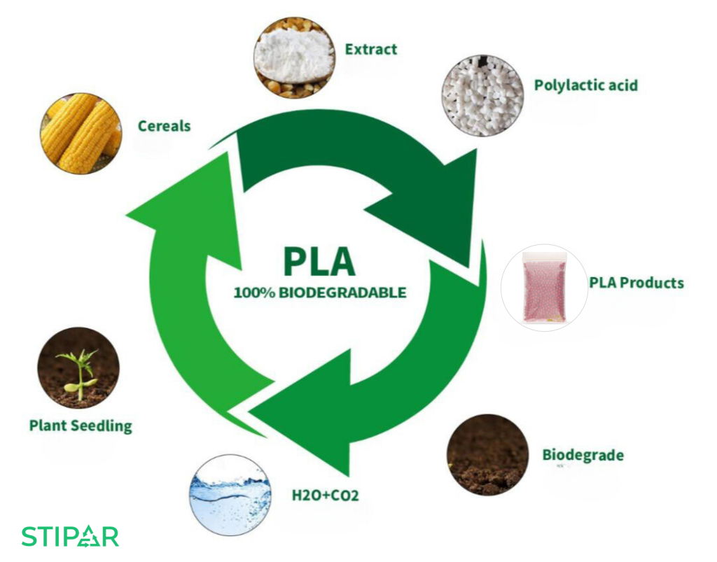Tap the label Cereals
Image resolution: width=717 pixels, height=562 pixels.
pos(164,126)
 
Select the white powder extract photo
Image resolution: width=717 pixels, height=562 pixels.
pos(293,58)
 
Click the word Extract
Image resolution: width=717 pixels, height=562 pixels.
pos(370,49)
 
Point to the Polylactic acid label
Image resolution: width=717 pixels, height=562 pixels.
pos(586,85)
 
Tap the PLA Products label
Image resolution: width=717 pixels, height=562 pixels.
pos(636,283)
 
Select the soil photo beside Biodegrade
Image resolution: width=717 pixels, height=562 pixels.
pos(487,455)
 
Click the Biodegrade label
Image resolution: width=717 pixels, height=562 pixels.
pos(583,455)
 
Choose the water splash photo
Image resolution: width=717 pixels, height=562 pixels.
pos(230,494)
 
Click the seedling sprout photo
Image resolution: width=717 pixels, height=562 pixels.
pos(78,368)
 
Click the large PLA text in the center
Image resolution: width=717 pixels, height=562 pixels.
pos(319,260)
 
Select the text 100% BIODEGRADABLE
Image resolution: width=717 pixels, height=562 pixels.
pos(319,293)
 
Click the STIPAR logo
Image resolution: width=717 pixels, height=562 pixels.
pos(70,536)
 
